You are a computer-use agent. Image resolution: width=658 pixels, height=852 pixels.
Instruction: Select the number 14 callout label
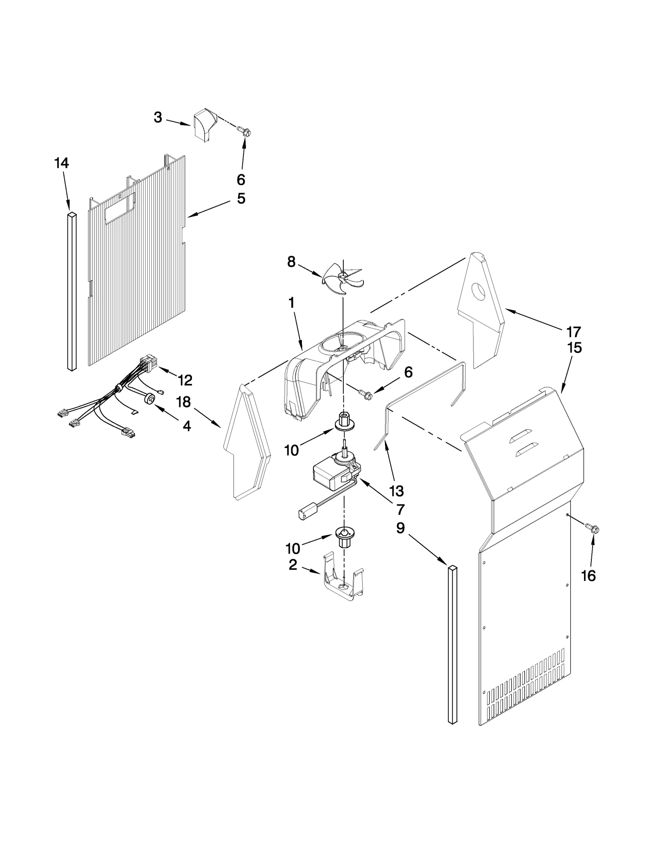click(61, 163)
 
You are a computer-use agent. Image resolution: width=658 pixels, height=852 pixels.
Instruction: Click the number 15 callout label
click(575, 348)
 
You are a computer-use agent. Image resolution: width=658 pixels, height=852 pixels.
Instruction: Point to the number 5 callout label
click(241, 199)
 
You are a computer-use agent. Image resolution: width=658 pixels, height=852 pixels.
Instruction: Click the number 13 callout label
click(397, 491)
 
